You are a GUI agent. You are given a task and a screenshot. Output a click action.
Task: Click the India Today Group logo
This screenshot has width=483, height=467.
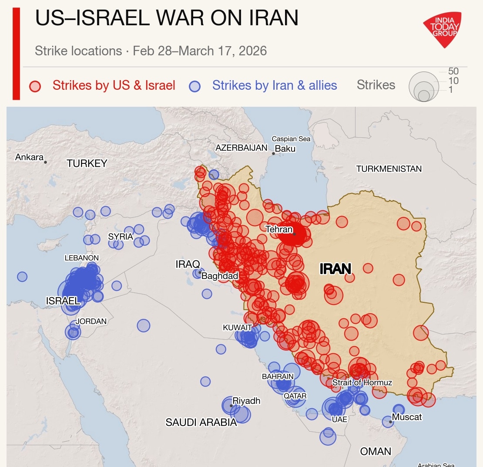coord(442,29)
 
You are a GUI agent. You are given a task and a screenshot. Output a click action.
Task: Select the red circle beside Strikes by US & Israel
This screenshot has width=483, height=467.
coord(34,86)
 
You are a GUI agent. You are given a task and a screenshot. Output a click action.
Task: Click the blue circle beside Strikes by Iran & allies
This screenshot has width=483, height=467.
coord(195,86)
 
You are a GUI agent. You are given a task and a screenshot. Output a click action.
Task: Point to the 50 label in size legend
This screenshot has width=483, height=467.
coord(453,71)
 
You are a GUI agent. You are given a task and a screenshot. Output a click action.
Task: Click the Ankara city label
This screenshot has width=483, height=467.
coord(29,157)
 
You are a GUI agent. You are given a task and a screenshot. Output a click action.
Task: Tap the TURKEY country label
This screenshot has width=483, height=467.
coord(87,163)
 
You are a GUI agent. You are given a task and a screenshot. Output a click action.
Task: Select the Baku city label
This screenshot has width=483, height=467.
coord(285,149)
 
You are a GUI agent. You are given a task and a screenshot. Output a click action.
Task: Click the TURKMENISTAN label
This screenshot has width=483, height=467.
coord(389,169)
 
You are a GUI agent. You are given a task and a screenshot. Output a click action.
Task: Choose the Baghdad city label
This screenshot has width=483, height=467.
coord(220,276)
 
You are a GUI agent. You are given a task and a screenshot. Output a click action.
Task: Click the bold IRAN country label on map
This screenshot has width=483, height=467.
coord(335,269)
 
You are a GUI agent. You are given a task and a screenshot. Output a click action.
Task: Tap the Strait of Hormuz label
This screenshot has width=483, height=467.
coord(362,382)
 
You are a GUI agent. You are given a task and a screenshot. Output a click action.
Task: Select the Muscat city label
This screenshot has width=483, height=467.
coord(407,417)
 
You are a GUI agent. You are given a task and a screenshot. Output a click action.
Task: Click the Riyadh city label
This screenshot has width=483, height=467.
coord(246,401)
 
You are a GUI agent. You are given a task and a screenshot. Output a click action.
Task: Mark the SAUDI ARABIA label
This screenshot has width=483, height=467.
coord(201,422)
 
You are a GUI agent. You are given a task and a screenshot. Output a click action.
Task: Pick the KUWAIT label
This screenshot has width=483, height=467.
coord(237,327)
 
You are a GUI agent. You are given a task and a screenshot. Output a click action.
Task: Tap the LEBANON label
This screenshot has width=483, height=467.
coord(81,258)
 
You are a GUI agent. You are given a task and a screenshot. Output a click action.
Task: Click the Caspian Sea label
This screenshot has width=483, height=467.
coord(291,139)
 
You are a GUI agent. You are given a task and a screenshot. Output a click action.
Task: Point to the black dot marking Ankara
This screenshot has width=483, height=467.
coord(45,162)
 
